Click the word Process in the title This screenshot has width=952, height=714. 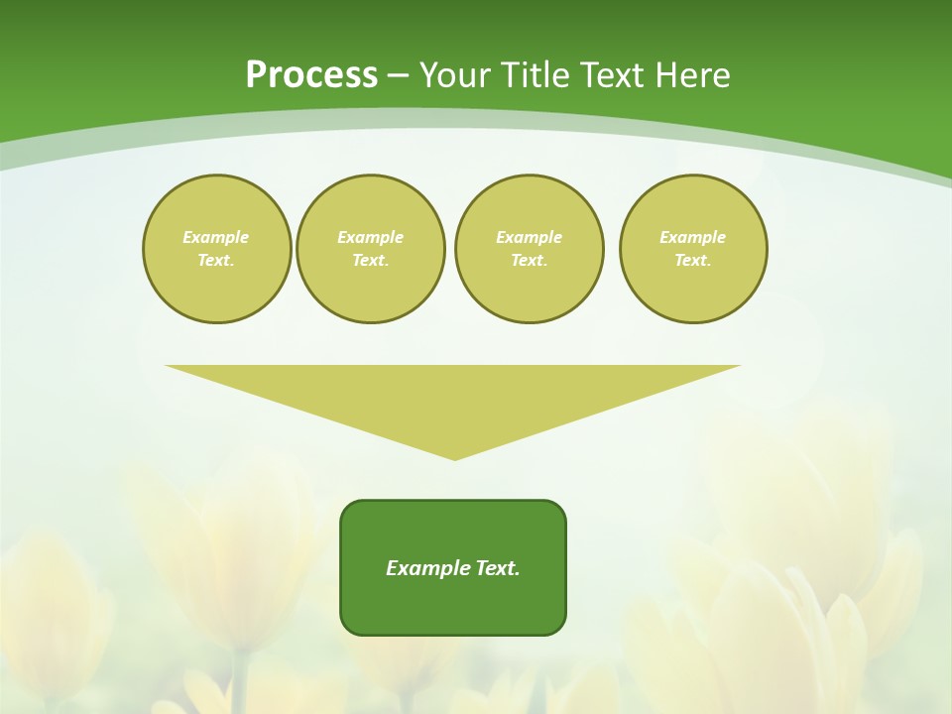[311, 75]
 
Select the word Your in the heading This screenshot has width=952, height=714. [455, 75]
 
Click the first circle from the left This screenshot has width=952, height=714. [217, 249]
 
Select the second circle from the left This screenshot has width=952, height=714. [371, 249]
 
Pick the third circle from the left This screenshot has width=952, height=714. [530, 249]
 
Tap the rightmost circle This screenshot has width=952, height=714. [693, 249]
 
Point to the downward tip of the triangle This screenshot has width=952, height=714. [455, 457]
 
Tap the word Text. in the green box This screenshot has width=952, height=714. [498, 568]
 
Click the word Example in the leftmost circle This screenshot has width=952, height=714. [216, 237]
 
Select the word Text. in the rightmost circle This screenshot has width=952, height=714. [693, 261]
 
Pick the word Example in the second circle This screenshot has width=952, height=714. [371, 237]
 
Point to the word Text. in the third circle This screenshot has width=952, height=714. [530, 261]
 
